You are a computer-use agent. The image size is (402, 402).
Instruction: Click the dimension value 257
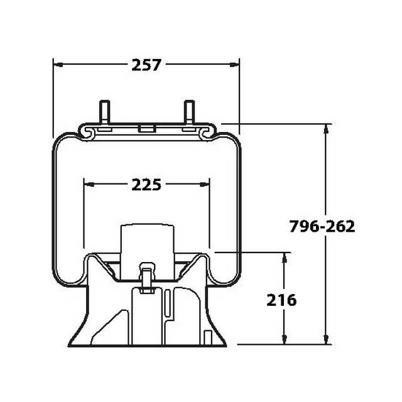click(146, 64)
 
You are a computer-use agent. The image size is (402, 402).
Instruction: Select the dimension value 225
click(146, 185)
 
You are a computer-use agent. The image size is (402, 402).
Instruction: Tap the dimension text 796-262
click(322, 227)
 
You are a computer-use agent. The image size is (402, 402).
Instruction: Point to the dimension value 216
click(281, 300)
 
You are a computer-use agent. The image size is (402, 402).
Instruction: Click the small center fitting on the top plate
click(146, 129)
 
